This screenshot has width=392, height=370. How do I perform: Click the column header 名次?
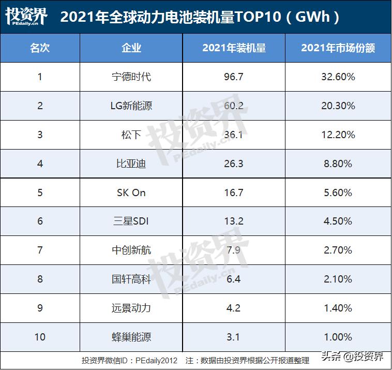click(x=40, y=49)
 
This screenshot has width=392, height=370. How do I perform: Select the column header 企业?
click(x=131, y=49)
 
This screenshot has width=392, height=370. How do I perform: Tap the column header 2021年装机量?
click(x=234, y=49)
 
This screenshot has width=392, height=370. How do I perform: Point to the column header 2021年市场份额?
click(x=338, y=49)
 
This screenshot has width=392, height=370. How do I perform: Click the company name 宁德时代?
click(x=131, y=77)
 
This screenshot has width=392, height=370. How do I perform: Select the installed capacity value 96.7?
click(x=234, y=77)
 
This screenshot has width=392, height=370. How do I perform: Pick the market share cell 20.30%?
click(x=338, y=106)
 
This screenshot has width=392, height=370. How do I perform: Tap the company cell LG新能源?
click(x=131, y=106)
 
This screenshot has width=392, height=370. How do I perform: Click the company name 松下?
click(x=131, y=135)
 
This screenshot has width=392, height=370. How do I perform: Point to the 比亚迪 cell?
click(x=131, y=164)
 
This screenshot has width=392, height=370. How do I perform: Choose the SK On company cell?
click(x=131, y=193)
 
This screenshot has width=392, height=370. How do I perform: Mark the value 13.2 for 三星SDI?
click(x=234, y=221)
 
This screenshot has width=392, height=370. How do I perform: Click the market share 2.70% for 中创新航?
click(x=338, y=250)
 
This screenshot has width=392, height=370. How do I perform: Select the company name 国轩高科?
click(x=131, y=279)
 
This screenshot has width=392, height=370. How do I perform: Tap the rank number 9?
click(x=40, y=308)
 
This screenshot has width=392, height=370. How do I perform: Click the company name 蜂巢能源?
click(x=131, y=337)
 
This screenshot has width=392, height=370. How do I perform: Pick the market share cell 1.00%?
click(x=338, y=337)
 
